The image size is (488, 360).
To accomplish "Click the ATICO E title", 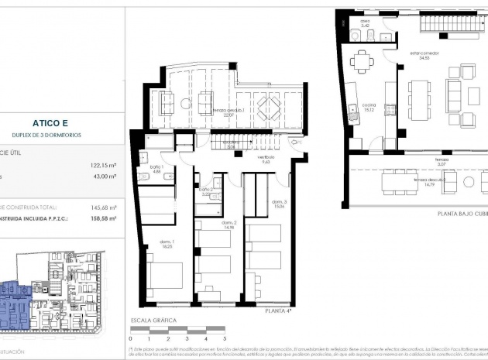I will (x=53, y=122).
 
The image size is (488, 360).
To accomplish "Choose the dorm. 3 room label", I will (x=279, y=205).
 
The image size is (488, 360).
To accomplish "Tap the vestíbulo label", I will (x=267, y=161).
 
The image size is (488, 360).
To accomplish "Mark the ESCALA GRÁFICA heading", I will (x=154, y=320).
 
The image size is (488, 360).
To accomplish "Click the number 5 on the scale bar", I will (x=224, y=338).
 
